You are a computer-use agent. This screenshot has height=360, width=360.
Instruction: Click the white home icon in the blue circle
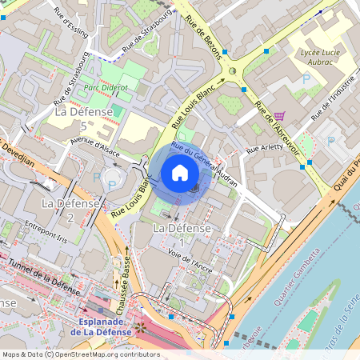(180, 172)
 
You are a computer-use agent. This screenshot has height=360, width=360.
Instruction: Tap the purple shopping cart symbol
(279, 116)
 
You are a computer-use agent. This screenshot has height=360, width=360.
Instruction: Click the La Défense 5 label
(82, 119)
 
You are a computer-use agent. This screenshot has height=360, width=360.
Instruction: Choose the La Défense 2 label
(70, 210)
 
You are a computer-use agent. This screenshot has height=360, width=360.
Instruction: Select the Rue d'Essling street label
(67, 14)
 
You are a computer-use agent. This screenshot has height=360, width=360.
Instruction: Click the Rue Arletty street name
(265, 148)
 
